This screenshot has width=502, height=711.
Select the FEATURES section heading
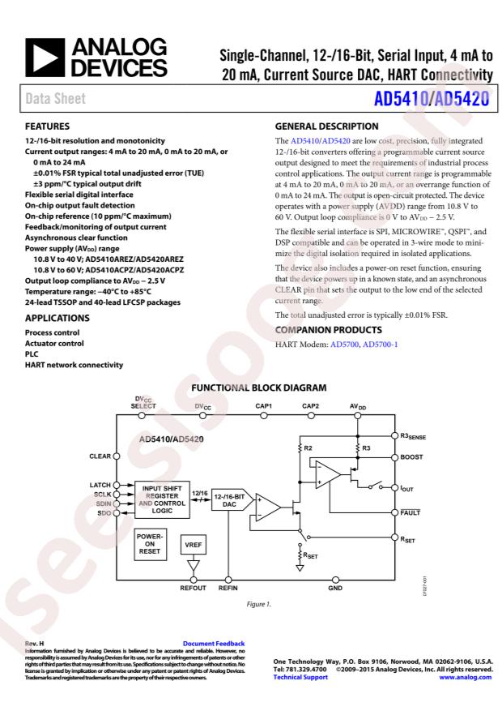tap(49, 127)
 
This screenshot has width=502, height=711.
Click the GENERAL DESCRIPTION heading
tap(327, 127)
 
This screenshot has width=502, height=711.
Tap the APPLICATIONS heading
tap(59, 318)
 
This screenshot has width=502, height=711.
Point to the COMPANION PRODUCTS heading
tap(330, 330)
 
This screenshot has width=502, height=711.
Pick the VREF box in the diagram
tap(193, 546)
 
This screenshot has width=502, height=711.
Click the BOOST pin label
tap(411, 457)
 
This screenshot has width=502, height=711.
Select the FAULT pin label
tap(411, 513)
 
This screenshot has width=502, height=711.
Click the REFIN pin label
tap(228, 588)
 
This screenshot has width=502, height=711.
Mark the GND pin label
tap(335, 588)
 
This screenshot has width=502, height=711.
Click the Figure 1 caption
tap(258, 604)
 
